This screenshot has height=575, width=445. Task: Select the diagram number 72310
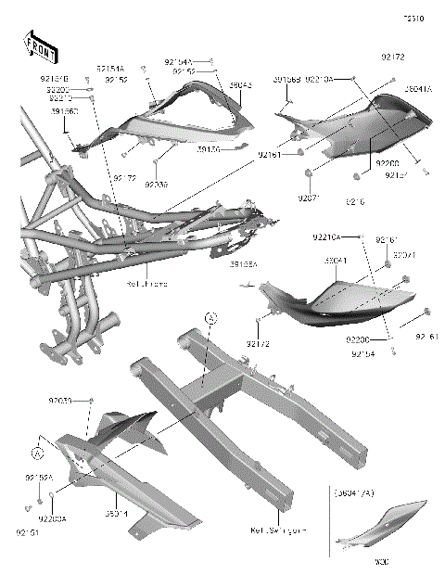pos(413,17)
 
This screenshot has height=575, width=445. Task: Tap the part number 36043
pos(240,85)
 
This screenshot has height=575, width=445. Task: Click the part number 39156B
pos(286,81)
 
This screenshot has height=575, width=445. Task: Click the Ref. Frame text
pos(149,285)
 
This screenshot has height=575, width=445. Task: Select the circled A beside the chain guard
pos(37,454)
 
